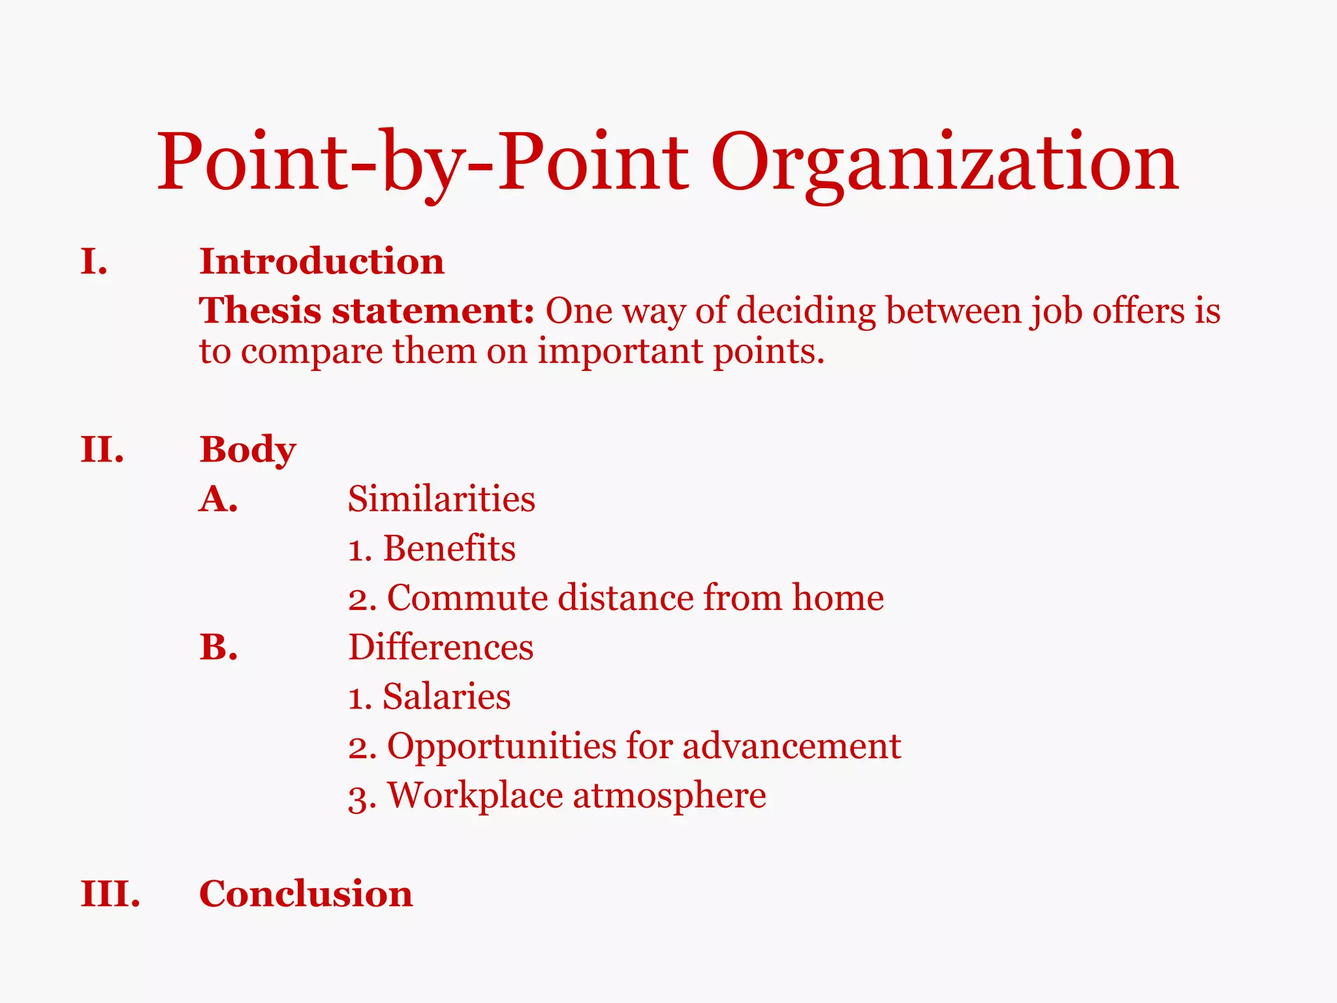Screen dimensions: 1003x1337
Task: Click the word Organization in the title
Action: [x=944, y=163]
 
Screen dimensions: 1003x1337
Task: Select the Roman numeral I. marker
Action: [x=94, y=262]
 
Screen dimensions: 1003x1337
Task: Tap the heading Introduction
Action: [x=322, y=262]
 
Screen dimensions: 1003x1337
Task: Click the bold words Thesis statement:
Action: [x=367, y=310]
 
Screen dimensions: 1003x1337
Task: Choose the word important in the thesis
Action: [x=620, y=351]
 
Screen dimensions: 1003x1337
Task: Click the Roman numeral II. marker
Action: [x=102, y=450]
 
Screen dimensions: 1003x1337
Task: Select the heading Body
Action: [x=247, y=450]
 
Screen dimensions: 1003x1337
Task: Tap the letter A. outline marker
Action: [x=219, y=500]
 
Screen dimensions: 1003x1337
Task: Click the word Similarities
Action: [x=441, y=500]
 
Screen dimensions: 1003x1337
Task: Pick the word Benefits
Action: [x=449, y=549]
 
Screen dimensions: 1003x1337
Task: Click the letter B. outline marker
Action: [x=219, y=648]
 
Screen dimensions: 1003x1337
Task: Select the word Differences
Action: [x=441, y=648]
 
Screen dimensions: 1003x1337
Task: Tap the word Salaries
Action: [x=447, y=697]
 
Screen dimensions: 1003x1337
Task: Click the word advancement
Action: [x=791, y=746]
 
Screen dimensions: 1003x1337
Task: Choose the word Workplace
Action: [x=475, y=796]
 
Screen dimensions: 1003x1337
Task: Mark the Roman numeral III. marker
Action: [x=110, y=894]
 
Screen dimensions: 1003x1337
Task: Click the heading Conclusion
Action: [x=306, y=894]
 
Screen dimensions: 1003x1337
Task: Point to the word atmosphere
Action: [x=669, y=796]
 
